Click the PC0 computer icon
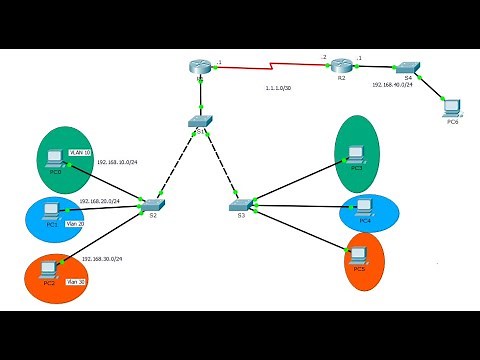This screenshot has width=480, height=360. click(56, 158)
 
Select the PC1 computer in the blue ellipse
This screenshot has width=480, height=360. click(52, 210)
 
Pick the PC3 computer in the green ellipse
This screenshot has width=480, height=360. click(355, 154)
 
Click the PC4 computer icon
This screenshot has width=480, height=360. click(363, 207)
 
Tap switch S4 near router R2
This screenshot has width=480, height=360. click(409, 66)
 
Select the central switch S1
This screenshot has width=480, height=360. click(199, 121)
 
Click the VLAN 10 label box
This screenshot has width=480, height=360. click(80, 153)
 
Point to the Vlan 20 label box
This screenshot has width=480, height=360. click(75, 224)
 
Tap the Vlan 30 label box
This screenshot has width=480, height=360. click(75, 283)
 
